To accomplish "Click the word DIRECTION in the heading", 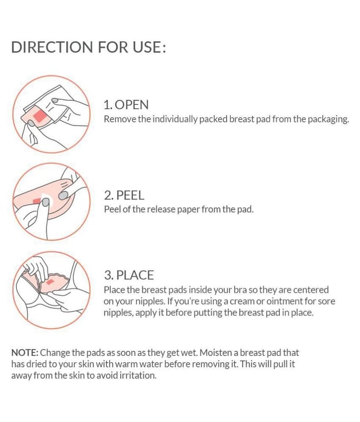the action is tap(52, 47).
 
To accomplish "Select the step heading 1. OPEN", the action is tap(126, 104).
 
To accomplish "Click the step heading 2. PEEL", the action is tap(124, 195).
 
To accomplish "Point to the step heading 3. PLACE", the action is tap(129, 275).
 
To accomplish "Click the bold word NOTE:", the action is tap(25, 352).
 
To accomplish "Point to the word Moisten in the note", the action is tap(217, 352).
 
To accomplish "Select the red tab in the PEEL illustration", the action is tap(37, 200).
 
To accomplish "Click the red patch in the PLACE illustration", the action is tap(50, 282).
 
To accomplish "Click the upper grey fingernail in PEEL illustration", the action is tap(63, 195).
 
